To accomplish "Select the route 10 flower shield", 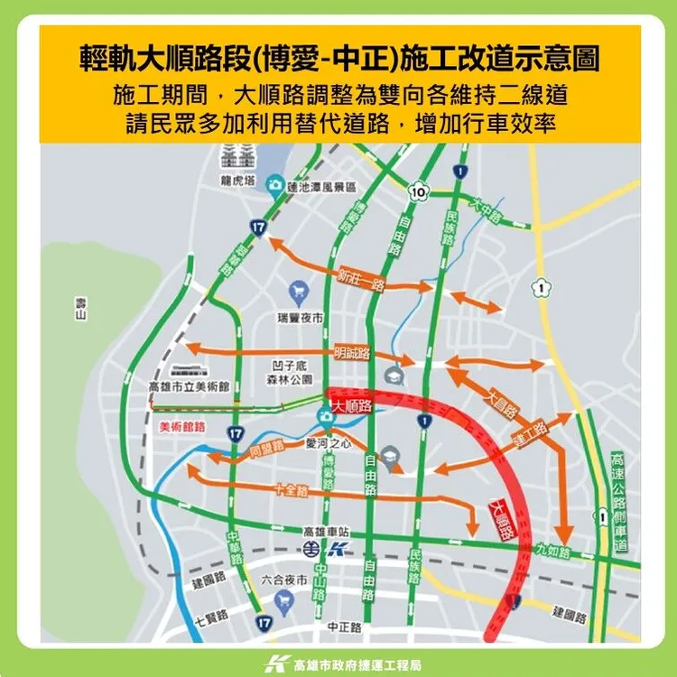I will click(x=417, y=191).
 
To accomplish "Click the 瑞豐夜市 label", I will click(x=301, y=319).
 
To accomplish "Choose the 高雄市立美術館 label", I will click(x=189, y=386).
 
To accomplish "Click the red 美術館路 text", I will click(x=182, y=425).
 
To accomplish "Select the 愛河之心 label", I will click(x=328, y=444).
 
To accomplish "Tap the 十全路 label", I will click(x=290, y=490).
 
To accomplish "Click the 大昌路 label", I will click(x=503, y=403).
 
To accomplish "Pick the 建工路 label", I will click(x=529, y=434).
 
